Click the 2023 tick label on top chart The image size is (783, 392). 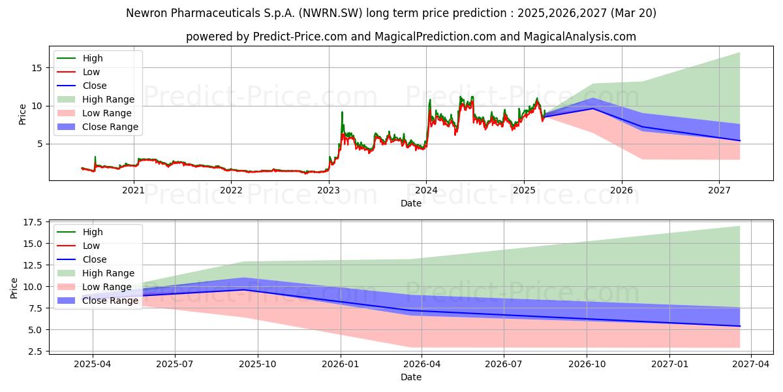[328, 190]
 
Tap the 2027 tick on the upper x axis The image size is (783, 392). [719, 190]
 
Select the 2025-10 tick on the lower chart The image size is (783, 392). [257, 364]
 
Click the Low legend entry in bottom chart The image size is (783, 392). [91, 246]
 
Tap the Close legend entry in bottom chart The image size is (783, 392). [95, 259]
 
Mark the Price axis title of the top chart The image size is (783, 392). [23, 114]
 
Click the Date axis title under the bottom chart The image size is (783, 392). [411, 377]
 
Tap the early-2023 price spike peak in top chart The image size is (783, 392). [342, 112]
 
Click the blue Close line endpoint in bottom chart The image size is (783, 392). [740, 326]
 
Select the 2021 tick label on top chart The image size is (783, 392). [134, 190]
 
